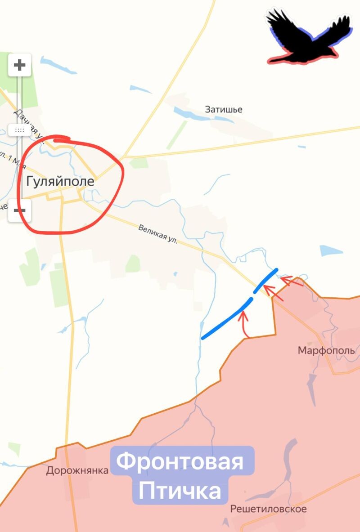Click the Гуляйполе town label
(60, 181)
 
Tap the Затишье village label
(224, 109)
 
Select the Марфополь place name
(326, 350)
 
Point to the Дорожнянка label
(77, 470)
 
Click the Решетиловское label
(268, 509)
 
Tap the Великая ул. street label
(158, 235)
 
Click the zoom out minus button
(20, 210)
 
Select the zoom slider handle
(20, 130)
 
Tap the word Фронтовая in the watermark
(182, 462)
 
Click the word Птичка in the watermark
(180, 491)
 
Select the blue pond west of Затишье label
(189, 113)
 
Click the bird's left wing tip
(272, 13)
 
